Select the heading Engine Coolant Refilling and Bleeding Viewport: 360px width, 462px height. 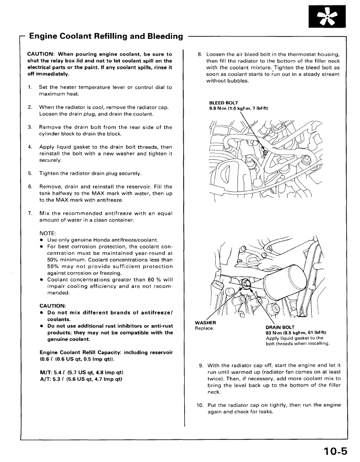point(106,36)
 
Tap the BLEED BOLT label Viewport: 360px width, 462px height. point(224,103)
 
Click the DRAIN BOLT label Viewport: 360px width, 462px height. point(280,327)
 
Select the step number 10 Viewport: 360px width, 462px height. point(200,405)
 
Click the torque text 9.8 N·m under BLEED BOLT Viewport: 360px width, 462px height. point(238,108)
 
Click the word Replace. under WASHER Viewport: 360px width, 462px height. point(204,328)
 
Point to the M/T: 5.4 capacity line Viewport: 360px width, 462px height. point(81,372)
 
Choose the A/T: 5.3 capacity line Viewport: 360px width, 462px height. point(81,379)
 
